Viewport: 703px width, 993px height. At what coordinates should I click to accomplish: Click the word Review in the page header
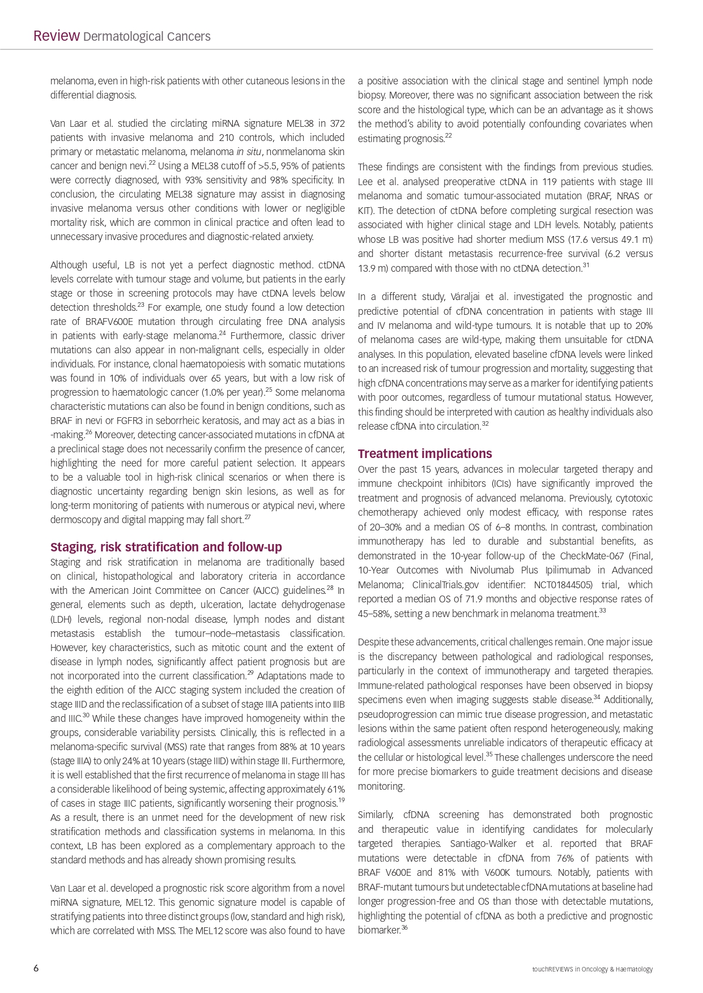pos(56,36)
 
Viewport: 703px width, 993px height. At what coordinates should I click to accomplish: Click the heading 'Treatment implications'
pos(425,453)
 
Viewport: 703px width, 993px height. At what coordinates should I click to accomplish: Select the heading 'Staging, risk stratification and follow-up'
pos(166,547)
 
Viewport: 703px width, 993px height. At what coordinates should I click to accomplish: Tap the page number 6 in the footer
pos(36,968)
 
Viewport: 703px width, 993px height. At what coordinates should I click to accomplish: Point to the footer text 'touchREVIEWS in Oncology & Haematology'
pos(592,969)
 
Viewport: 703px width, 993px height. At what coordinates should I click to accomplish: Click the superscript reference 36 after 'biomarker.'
pos(404,927)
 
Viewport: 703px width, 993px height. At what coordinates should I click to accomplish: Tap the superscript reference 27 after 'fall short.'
pos(248,516)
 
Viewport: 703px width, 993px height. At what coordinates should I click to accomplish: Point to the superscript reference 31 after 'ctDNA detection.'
pos(586,265)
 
